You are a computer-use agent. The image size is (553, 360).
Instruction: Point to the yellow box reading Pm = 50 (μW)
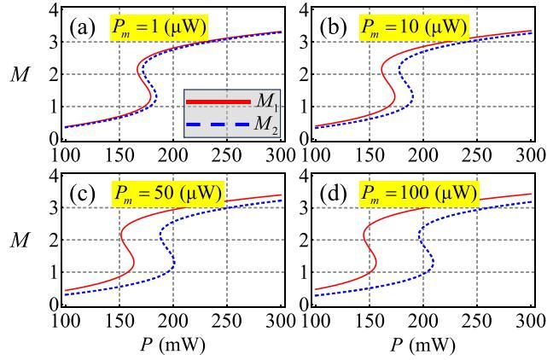167,194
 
